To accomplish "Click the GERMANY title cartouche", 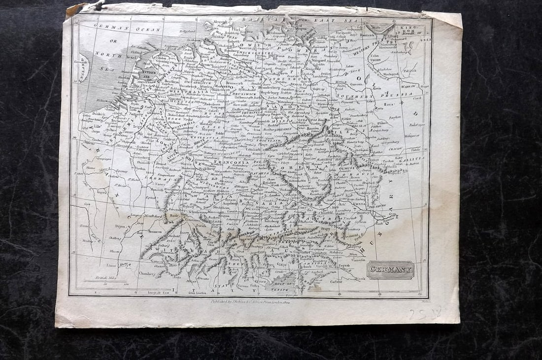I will tap(390, 270).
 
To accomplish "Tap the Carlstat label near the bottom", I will tap(337, 282).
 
